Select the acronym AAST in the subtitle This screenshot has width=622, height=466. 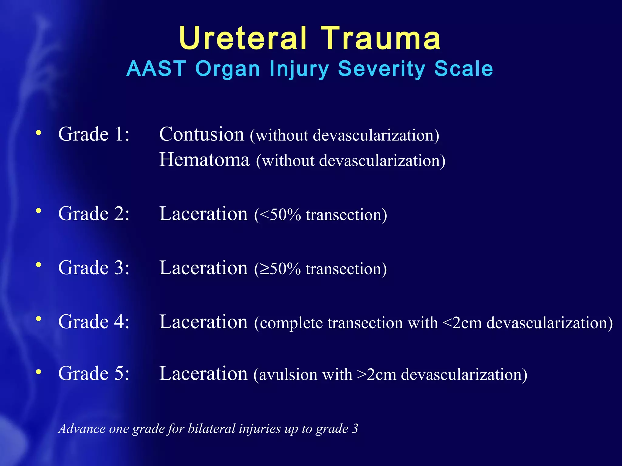[156, 69]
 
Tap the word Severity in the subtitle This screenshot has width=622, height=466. [381, 69]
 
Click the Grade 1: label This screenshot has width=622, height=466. [94, 134]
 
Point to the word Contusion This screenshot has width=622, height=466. [202, 134]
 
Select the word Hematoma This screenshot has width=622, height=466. [204, 160]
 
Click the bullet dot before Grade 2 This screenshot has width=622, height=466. [38, 211]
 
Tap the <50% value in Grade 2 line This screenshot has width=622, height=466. [280, 215]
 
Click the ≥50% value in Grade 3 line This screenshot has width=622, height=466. [280, 269]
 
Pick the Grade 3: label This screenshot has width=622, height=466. [94, 268]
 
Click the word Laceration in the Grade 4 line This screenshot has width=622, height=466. [203, 322]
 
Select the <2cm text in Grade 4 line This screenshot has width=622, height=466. [462, 323]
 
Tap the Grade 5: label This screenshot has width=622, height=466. [94, 373]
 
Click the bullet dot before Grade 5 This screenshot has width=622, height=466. [38, 372]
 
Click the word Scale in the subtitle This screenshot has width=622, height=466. [463, 69]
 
